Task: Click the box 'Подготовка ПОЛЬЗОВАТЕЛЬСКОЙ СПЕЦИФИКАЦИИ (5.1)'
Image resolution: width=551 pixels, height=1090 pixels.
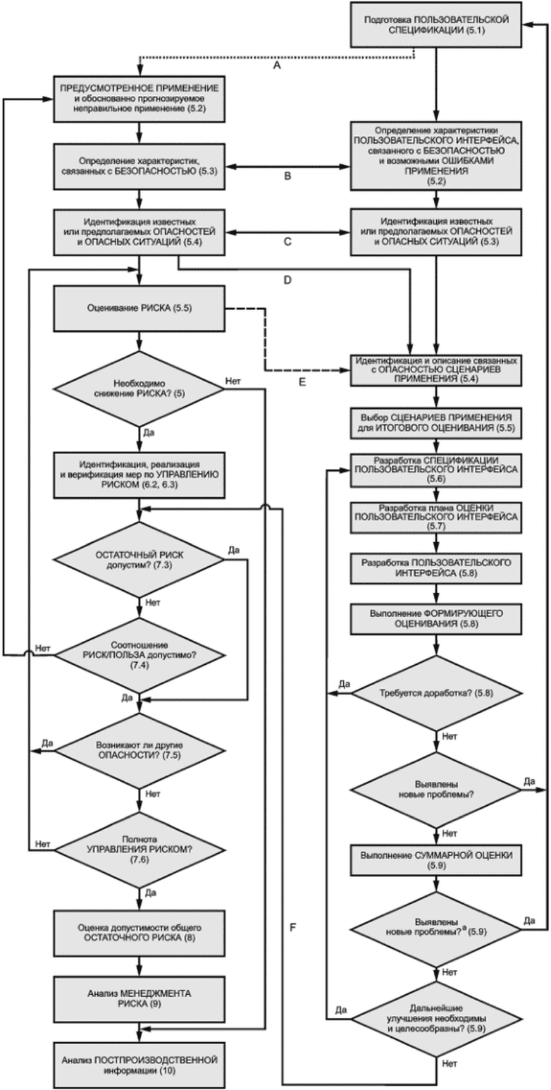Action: [x=436, y=25]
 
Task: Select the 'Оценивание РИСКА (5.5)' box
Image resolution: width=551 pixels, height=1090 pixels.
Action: [x=139, y=309]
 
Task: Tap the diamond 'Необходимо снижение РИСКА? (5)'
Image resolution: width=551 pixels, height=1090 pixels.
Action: [x=139, y=388]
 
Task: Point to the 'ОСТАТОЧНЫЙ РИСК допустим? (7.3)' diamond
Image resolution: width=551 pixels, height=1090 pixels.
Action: [x=139, y=560]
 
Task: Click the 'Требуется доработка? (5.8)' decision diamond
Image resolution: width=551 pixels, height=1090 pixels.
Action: [x=436, y=693]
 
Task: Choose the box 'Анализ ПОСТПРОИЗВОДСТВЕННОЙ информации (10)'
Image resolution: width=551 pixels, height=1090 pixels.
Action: [x=139, y=1063]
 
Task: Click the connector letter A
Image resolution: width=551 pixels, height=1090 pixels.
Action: [x=277, y=65]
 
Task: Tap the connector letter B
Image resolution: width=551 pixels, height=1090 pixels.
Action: [x=287, y=176]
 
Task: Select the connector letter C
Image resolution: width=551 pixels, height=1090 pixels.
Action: [x=287, y=241]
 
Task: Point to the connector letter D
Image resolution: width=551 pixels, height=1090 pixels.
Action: [x=287, y=281]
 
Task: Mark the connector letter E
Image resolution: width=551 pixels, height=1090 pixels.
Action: [x=302, y=382]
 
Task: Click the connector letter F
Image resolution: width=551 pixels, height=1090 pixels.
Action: [x=292, y=927]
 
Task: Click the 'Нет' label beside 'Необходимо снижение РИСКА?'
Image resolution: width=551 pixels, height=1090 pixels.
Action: [x=233, y=381]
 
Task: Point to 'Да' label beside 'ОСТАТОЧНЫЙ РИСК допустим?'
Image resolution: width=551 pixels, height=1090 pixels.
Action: [x=234, y=551]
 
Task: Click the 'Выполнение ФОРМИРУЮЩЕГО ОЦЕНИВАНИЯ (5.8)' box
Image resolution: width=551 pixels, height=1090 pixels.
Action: [x=436, y=618]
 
